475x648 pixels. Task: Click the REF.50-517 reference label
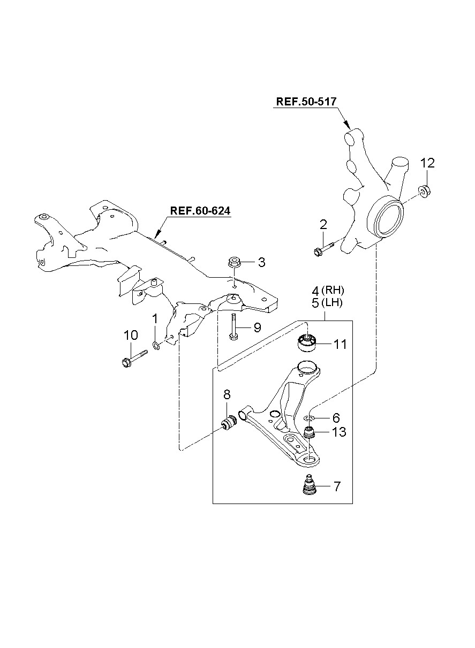307,102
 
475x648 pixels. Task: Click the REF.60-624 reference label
200,211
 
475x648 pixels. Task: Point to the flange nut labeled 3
234,262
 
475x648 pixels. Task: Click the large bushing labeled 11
307,344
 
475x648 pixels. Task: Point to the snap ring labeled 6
308,418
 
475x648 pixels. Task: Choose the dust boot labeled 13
309,432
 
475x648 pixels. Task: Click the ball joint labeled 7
308,486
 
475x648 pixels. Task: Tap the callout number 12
427,163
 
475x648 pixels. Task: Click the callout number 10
130,336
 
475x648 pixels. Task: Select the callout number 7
337,486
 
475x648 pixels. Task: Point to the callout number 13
339,432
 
